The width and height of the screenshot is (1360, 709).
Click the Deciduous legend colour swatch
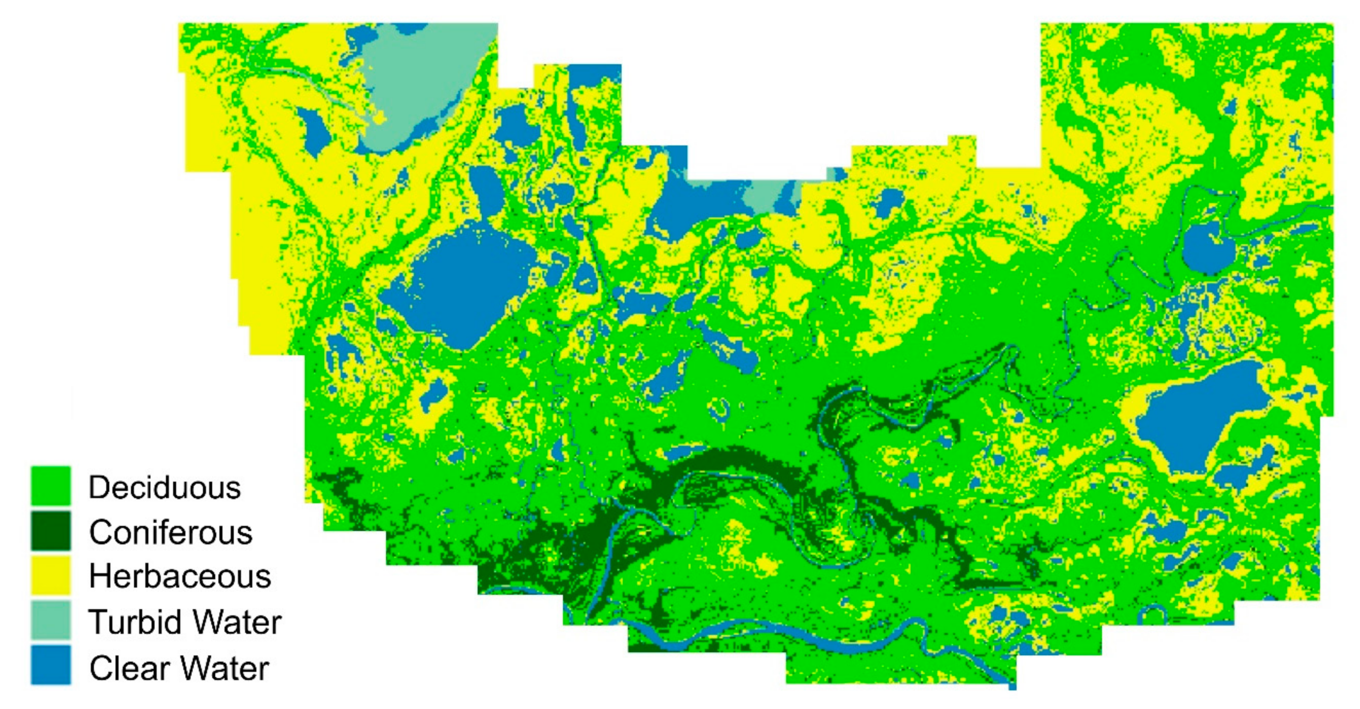coord(50,486)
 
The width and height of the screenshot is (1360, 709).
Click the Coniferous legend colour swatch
coord(50,531)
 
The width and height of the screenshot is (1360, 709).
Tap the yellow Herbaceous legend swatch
coord(50,576)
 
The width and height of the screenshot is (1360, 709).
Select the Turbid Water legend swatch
coord(50,620)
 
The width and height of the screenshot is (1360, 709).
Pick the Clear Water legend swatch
coord(50,665)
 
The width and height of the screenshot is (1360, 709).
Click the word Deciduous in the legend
coord(164,487)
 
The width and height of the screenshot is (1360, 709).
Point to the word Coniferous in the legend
coord(170,532)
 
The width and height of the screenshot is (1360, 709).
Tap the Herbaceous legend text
coord(179,576)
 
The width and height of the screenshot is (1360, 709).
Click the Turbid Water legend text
coord(185,622)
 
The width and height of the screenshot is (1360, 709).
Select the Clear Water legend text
coord(179,668)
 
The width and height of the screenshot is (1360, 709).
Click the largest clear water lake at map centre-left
coord(459,285)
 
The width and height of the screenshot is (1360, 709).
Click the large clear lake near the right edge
coord(1199,417)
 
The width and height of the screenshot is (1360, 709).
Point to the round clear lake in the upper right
coord(1207,248)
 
